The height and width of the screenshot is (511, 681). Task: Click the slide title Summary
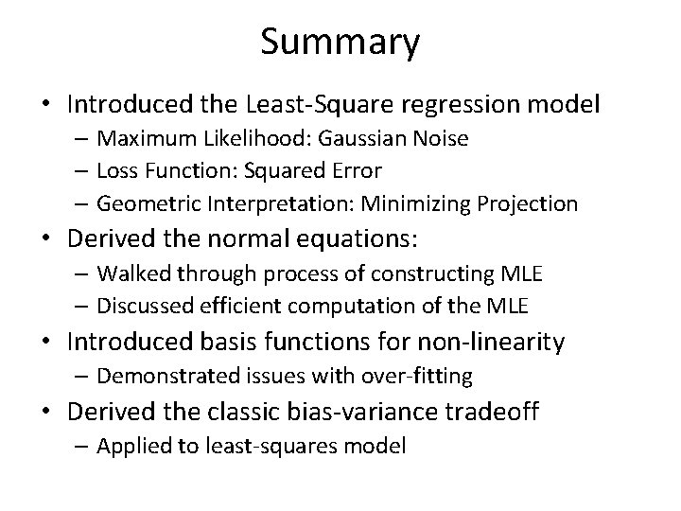click(340, 42)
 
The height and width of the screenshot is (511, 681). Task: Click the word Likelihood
click(247, 139)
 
